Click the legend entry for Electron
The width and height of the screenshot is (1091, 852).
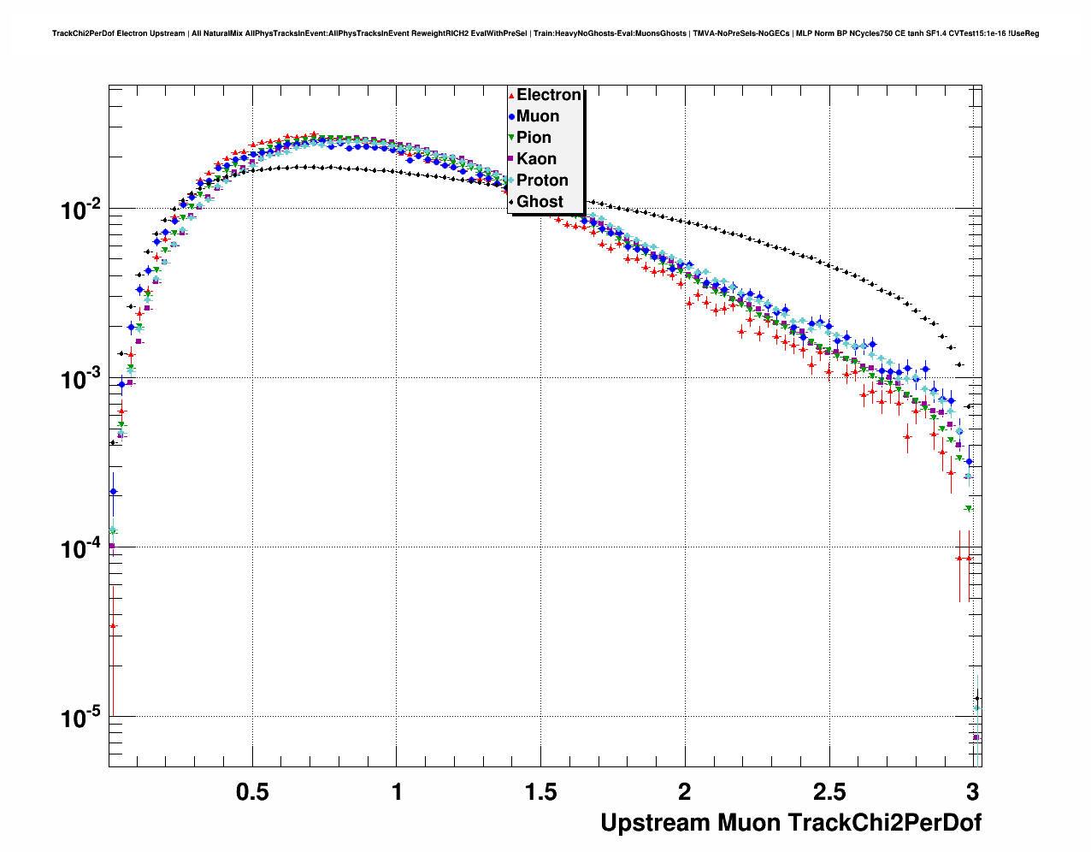pos(548,95)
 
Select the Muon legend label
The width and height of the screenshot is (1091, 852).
pos(537,116)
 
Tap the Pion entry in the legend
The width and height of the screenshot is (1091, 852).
pos(534,138)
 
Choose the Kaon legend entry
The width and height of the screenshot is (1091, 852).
pos(536,159)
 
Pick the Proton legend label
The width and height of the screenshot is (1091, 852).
pos(542,180)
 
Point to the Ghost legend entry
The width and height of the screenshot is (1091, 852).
pos(540,202)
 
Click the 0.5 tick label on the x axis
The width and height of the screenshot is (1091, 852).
pos(252,791)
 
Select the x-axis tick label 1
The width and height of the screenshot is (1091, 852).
pos(397,791)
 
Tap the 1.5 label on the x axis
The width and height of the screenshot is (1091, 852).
pos(540,791)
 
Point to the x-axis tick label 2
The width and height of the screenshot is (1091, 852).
pos(685,791)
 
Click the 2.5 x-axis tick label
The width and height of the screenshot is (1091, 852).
pos(829,791)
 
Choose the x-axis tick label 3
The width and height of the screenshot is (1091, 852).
pos(972,791)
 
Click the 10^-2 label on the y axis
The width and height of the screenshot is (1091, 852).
pos(81,210)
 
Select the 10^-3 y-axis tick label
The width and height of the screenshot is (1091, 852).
pos(81,379)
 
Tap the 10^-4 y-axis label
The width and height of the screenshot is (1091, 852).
pos(81,548)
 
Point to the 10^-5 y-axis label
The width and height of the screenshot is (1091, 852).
pos(81,718)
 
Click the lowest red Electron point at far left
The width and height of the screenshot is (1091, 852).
pos(113,625)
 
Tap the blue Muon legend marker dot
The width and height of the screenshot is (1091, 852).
pos(511,116)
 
